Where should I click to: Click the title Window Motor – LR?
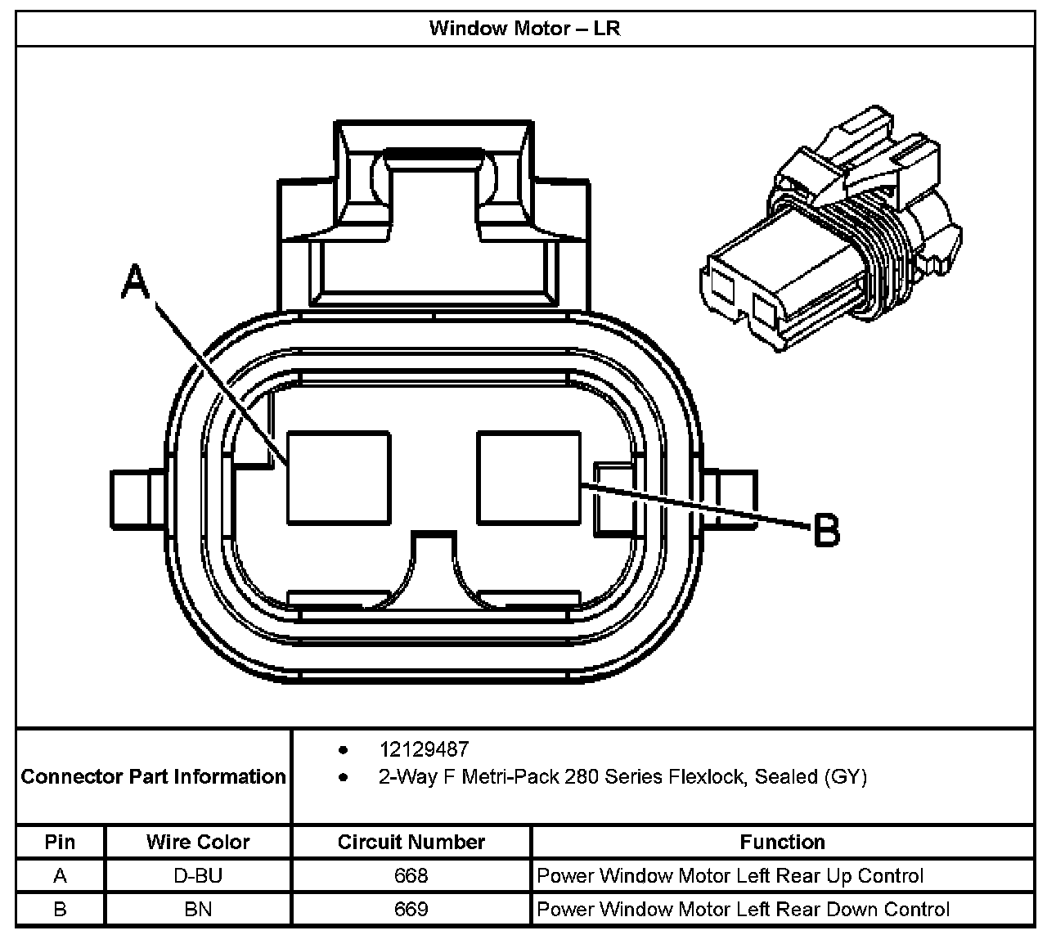click(x=524, y=29)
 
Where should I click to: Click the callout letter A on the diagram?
click(x=137, y=283)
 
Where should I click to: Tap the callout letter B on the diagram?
click(x=826, y=530)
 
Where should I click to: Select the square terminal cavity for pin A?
click(x=339, y=478)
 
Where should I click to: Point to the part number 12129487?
click(x=424, y=749)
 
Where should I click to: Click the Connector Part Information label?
click(x=154, y=776)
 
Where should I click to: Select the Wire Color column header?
click(x=198, y=842)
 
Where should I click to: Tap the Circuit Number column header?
click(x=411, y=842)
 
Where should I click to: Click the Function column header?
click(x=782, y=842)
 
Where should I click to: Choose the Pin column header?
click(x=60, y=842)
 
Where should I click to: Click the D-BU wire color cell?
click(x=198, y=876)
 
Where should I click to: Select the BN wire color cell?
click(x=198, y=909)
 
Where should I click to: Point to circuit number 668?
click(x=411, y=876)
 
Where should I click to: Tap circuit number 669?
click(x=411, y=909)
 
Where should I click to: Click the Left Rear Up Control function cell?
click(x=730, y=876)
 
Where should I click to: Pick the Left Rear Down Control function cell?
click(x=743, y=909)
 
